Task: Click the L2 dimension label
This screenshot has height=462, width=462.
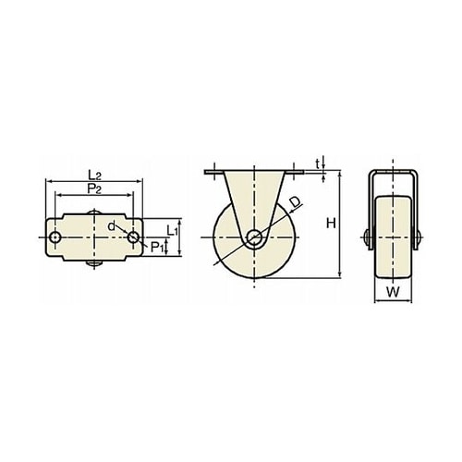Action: point(94,176)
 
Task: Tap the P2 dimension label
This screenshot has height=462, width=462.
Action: point(94,188)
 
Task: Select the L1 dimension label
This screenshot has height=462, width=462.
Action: point(173,230)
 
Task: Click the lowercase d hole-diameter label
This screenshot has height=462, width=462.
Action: point(111,226)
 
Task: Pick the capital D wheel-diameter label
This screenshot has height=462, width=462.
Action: point(295,201)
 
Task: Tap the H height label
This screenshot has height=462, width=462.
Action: point(331,224)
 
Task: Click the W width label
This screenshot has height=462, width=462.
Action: point(393,292)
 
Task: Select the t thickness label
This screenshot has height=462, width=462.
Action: point(318,164)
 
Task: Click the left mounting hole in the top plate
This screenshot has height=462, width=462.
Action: point(55,237)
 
